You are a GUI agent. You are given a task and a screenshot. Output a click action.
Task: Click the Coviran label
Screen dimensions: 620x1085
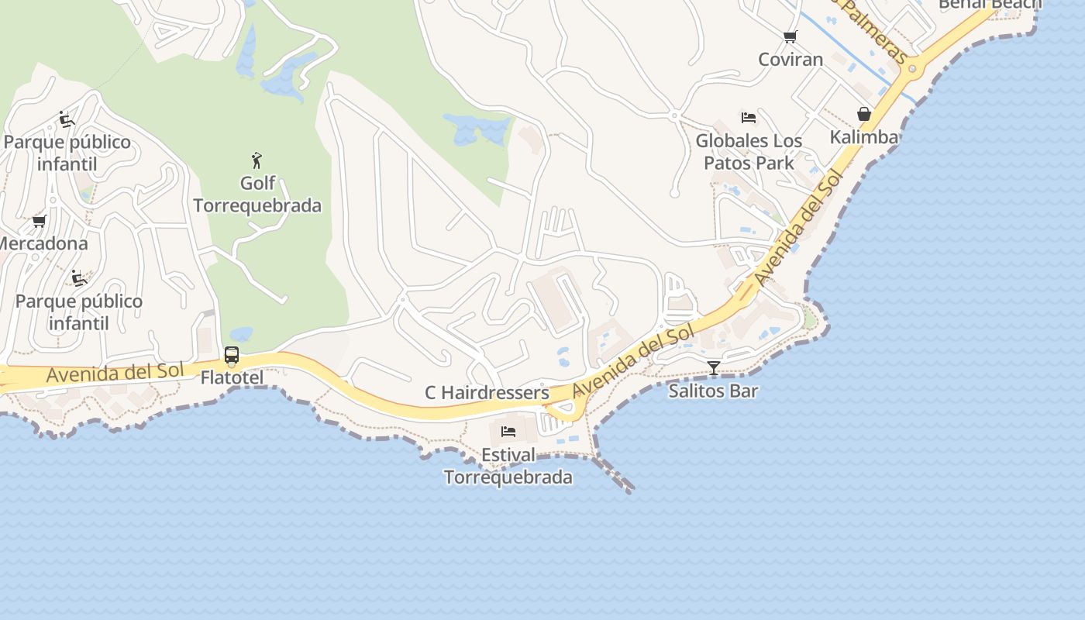tap(790, 60)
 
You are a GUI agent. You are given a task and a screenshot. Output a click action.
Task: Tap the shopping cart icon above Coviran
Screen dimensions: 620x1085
tap(790, 36)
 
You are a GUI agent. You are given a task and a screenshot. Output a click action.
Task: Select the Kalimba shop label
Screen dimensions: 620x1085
tap(864, 137)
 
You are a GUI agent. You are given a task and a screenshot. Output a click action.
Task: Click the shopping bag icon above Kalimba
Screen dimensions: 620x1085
tap(864, 115)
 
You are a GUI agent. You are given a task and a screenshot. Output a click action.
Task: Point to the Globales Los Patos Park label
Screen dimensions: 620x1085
tap(749, 152)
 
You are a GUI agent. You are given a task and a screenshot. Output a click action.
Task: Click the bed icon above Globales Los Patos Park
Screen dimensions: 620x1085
tap(749, 118)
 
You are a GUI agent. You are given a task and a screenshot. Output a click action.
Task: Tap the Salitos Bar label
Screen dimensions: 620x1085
tap(713, 391)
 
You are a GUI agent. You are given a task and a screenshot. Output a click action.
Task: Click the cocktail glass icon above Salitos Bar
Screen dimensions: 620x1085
tap(713, 367)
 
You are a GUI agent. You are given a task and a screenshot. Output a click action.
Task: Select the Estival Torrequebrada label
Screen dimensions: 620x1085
tap(508, 466)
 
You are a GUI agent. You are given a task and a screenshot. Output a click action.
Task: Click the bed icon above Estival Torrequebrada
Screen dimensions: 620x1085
tap(508, 431)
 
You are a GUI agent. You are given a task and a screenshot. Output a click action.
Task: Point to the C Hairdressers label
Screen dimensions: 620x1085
tap(487, 393)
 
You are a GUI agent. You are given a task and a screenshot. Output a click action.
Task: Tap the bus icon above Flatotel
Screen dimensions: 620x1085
tap(232, 356)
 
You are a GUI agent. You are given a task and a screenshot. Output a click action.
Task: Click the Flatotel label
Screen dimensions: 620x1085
tap(232, 378)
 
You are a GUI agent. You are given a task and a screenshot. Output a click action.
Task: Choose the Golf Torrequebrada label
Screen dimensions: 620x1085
tap(257, 195)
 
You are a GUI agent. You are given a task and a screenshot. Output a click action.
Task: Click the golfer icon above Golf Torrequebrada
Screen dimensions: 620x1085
tap(257, 161)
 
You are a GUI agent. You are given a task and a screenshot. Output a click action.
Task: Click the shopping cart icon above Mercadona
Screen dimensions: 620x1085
tap(40, 222)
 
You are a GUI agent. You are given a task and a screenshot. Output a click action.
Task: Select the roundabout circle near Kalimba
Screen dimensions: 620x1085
tap(912, 69)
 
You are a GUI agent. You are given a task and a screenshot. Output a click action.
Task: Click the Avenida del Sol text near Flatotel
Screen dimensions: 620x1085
tap(115, 373)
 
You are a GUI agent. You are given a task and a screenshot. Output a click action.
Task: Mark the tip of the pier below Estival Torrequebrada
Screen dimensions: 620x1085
tap(629, 490)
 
